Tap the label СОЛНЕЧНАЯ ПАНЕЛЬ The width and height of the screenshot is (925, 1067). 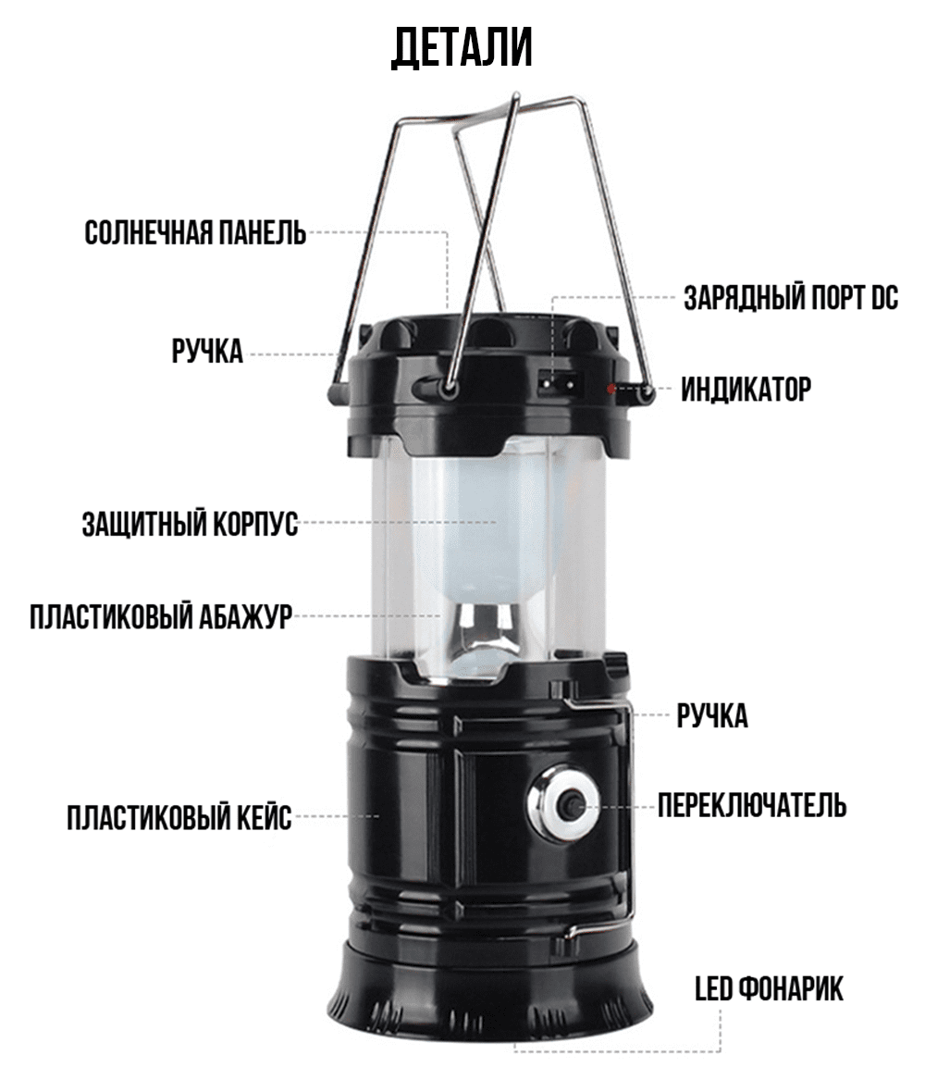195,232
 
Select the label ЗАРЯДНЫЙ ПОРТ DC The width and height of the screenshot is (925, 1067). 791,298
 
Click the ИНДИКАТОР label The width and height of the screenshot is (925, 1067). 746,390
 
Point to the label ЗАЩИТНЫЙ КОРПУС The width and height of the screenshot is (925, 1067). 191,524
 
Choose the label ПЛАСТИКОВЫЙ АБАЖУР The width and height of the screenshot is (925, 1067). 161,616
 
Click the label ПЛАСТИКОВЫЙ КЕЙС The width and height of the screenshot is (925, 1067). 179,817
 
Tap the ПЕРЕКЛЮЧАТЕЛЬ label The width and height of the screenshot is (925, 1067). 752,806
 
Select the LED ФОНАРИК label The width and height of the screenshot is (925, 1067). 770,988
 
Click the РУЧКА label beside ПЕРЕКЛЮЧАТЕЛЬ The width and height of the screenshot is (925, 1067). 712,716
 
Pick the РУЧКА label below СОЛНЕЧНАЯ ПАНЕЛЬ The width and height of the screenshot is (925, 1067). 207,352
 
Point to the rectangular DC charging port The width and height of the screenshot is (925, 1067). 561,384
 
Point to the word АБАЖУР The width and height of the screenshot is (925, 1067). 246,616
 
